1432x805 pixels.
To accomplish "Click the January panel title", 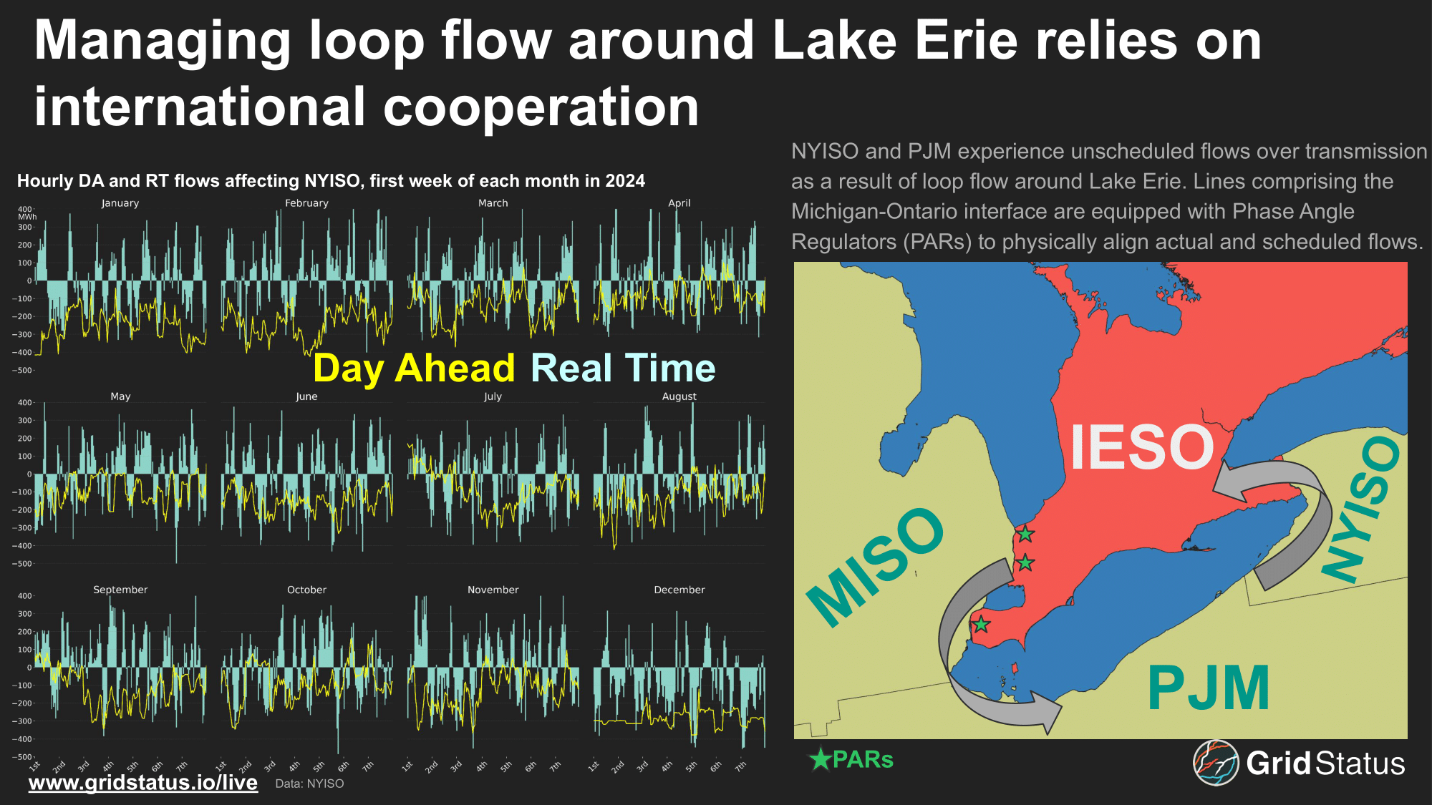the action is point(120,203).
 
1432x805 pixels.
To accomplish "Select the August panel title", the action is point(679,396).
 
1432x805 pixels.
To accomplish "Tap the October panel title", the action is point(306,590).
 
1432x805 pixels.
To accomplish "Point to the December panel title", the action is point(679,590).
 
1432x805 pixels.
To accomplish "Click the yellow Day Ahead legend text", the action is point(414,369).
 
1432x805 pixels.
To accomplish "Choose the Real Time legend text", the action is point(623,369).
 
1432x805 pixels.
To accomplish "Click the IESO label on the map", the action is point(1142,447).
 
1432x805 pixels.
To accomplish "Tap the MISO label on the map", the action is point(875,567).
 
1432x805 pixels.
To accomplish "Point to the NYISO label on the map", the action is point(1360,509).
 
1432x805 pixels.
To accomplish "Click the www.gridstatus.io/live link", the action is point(143,783).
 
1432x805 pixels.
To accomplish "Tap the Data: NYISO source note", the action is point(309,784).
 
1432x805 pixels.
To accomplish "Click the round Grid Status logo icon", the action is point(1216,763).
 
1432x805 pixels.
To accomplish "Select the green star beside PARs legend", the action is point(820,759).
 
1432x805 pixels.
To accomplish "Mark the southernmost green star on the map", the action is point(981,625).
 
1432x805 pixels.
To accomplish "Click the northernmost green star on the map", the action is point(1025,534).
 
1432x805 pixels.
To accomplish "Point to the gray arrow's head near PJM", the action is point(1049,713).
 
